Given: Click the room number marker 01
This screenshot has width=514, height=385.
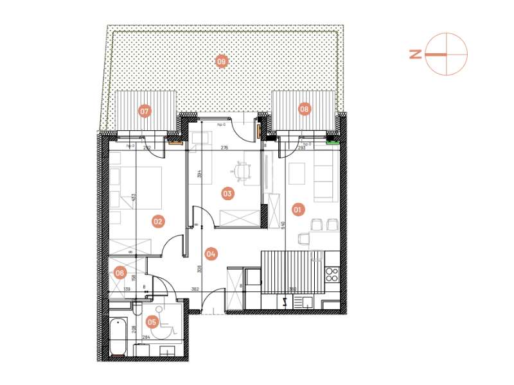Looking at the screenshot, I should [x=297, y=209].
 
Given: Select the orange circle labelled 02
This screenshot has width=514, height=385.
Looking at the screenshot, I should [x=157, y=222].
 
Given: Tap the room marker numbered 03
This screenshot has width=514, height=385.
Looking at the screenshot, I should [x=227, y=193].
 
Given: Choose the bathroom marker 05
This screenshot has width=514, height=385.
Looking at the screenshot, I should [x=153, y=321].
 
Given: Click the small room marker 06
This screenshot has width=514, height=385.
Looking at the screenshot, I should [x=120, y=273].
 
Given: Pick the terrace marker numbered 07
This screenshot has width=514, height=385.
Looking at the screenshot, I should [x=145, y=111].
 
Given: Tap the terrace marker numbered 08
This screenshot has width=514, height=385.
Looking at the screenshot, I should [x=304, y=109].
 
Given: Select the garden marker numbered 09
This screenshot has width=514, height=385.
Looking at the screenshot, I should [x=222, y=62].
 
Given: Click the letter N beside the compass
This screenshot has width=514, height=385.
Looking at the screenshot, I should [x=416, y=55].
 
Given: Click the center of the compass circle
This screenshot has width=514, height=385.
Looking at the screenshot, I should [x=446, y=55].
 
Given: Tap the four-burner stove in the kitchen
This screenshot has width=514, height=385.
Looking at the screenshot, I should [x=332, y=275].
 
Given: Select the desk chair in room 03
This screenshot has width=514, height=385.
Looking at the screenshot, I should [x=241, y=170].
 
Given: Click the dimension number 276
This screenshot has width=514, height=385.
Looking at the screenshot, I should [x=225, y=148].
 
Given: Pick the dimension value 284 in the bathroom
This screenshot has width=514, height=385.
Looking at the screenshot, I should [x=146, y=336].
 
